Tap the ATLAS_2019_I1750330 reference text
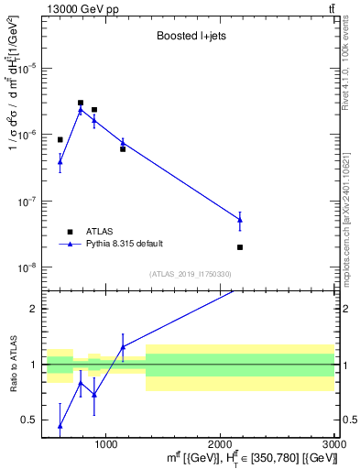tap(190, 274)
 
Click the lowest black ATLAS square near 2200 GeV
tap(240, 247)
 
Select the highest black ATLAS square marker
tap(81, 104)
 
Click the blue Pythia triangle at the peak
tap(81, 110)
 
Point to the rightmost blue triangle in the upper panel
tap(240, 219)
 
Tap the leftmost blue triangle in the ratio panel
tap(60, 425)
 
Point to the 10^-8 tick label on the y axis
tap(29, 267)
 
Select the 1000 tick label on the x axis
tap(106, 444)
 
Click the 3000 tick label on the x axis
tap(334, 444)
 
